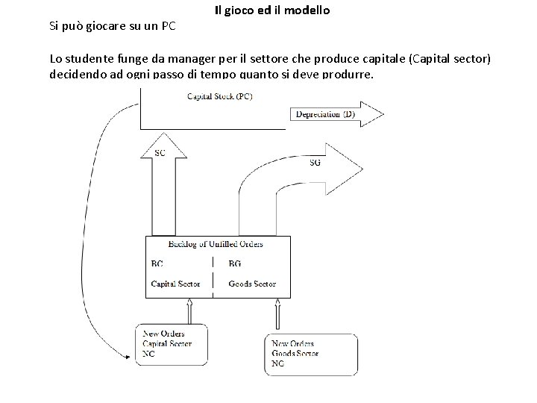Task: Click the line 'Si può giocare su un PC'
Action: pos(113,26)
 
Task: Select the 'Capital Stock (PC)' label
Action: pos(219,96)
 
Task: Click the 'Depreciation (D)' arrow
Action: pos(336,114)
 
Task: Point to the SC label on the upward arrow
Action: pos(160,153)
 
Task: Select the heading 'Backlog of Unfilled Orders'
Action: pos(216,244)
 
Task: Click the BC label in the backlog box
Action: pos(157,263)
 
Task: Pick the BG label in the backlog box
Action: pos(235,263)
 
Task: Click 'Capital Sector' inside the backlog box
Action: pos(176,284)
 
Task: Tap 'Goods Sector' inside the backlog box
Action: pos(252,284)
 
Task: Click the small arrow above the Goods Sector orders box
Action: pos(277,314)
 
